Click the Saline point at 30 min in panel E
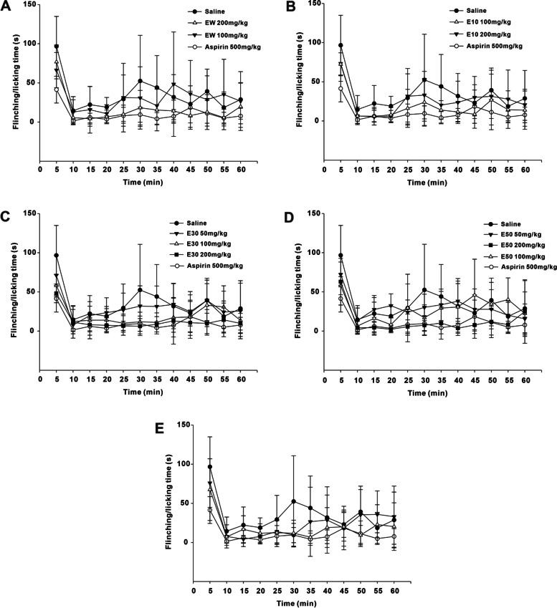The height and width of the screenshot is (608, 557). (294, 501)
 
